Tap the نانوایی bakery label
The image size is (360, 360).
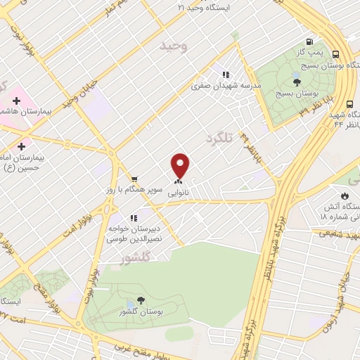pos(176,190)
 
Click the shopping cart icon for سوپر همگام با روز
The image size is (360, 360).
pos(134,179)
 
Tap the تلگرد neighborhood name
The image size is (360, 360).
pos(218,139)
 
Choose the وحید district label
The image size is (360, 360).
pos(174,46)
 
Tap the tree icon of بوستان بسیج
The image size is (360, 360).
pos(297,82)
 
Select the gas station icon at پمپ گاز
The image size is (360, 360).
pos(310,41)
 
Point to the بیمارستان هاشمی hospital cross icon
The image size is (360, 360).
pos(16,101)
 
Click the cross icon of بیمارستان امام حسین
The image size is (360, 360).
pos(22,147)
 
